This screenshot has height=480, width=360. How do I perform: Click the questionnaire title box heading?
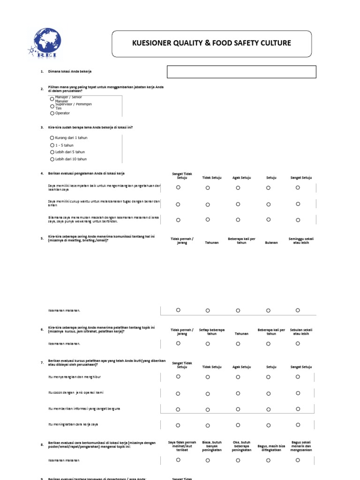coord(211,43)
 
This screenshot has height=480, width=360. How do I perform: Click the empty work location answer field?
coord(241,72)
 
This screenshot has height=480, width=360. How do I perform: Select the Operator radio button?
coord(52,113)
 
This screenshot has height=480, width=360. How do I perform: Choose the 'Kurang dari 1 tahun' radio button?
coord(52,138)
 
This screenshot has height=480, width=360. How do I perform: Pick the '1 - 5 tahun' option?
coord(52,145)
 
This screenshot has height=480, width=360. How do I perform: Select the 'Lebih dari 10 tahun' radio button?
coord(52,159)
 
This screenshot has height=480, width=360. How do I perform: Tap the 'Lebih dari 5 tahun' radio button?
coord(52,152)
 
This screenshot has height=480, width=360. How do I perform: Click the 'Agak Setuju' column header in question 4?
coord(241,178)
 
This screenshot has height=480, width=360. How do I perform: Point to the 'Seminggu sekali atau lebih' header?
coord(301,240)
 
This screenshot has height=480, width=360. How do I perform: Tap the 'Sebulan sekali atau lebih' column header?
coord(301,331)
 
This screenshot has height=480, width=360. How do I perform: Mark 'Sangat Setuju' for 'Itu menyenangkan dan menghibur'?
coord(298,376)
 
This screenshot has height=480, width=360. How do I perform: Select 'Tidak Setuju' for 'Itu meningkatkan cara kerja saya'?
coord(208,425)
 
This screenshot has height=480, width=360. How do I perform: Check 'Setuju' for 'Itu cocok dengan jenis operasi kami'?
coord(268,393)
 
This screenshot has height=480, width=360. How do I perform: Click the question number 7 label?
coord(42,362)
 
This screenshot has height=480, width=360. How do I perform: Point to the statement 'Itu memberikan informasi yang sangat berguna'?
coord(84,409)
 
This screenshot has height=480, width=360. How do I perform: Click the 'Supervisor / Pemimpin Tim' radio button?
coord(52,106)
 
